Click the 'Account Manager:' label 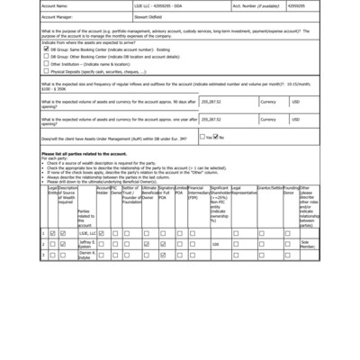click(57, 15)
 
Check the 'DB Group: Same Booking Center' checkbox click(46, 49)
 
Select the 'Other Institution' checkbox click(46, 64)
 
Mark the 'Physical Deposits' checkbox click(46, 71)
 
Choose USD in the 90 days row click(295, 102)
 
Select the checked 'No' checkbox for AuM click(215, 137)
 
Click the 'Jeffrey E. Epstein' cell click(85, 244)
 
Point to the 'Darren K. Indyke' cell click(85, 256)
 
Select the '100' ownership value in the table click(215, 244)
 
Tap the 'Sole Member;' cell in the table click(308, 244)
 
